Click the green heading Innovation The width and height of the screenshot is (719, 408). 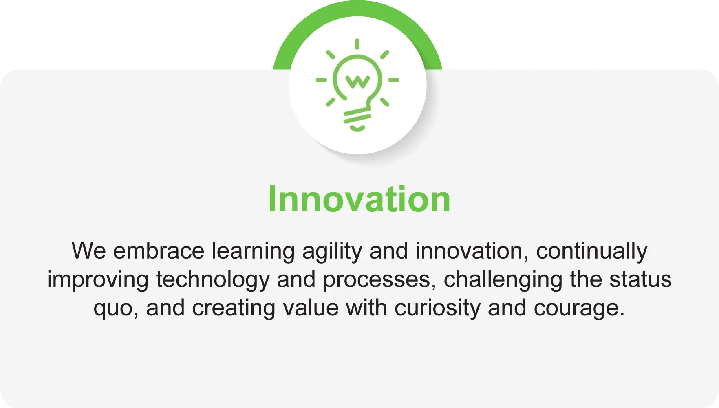(359, 199)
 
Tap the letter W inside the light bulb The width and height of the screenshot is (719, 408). (357, 82)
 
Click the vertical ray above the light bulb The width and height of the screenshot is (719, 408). (357, 44)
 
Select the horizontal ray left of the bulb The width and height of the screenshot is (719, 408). (321, 80)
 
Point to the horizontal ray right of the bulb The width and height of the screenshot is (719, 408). (394, 80)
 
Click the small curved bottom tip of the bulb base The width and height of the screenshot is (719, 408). (357, 129)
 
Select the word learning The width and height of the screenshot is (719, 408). (253, 251)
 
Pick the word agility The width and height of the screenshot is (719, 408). (332, 251)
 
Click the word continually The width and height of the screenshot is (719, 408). (591, 251)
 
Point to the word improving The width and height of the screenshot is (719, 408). (97, 280)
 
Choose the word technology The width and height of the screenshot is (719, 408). (213, 280)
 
